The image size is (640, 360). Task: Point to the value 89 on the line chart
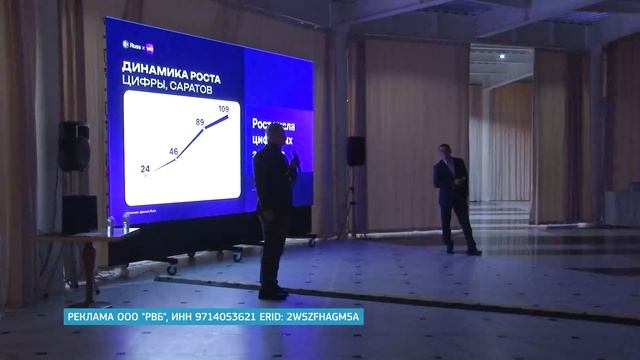click(200, 122)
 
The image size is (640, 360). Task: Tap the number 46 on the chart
click(173, 152)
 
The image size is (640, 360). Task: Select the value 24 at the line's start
click(146, 169)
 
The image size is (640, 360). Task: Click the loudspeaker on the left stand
click(73, 145)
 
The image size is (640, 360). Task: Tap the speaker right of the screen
click(355, 151)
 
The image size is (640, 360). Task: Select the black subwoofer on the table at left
click(79, 215)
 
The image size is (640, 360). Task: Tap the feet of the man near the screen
click(272, 293)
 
